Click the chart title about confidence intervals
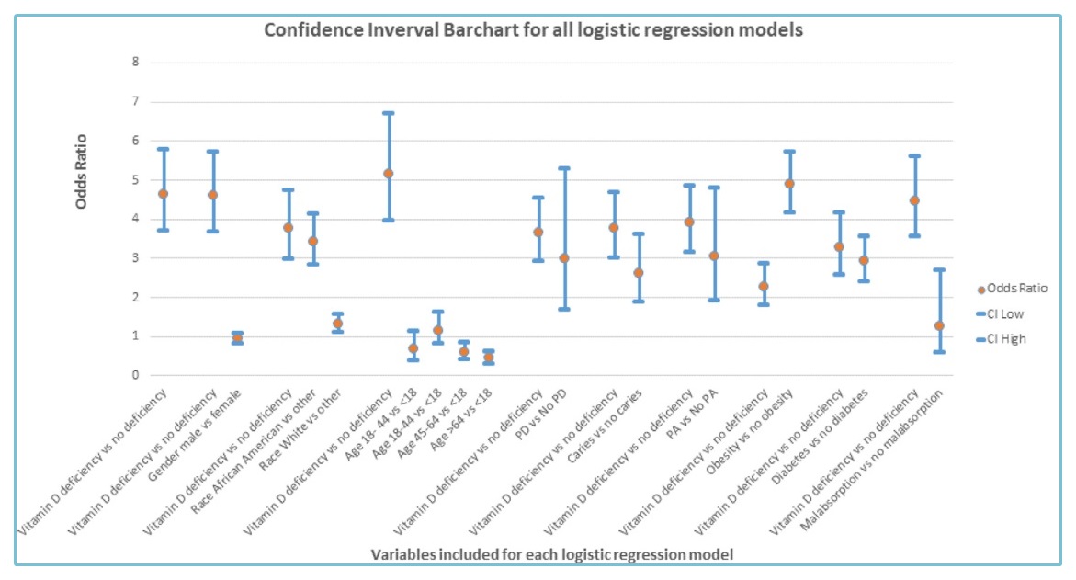(x=534, y=29)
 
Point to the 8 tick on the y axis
(x=135, y=63)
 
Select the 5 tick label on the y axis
(x=135, y=180)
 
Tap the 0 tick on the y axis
(x=135, y=375)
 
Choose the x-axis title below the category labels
(x=551, y=554)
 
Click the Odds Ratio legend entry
(x=1013, y=289)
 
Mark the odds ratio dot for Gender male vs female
(x=237, y=338)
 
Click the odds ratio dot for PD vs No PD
(x=564, y=258)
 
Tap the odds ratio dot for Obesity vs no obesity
(x=788, y=184)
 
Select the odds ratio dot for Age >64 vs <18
(x=489, y=358)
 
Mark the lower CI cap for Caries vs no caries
(x=639, y=301)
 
